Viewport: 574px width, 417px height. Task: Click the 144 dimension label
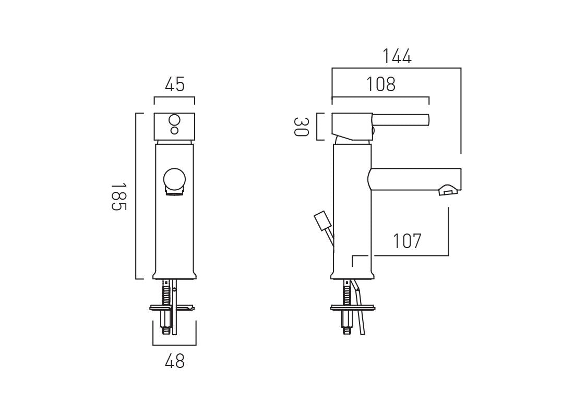pyautogui.click(x=397, y=56)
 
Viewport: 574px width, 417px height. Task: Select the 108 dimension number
pyautogui.click(x=381, y=84)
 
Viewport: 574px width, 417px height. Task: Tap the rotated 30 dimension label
pyautogui.click(x=301, y=127)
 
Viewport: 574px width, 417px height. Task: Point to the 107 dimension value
pyautogui.click(x=407, y=241)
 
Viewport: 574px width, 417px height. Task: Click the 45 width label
pyautogui.click(x=174, y=84)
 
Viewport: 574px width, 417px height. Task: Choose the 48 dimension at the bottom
pyautogui.click(x=174, y=361)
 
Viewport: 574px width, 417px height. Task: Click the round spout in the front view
pyautogui.click(x=174, y=180)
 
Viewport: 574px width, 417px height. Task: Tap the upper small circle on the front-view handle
pyautogui.click(x=174, y=121)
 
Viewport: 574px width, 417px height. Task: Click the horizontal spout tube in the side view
pyautogui.click(x=415, y=179)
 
